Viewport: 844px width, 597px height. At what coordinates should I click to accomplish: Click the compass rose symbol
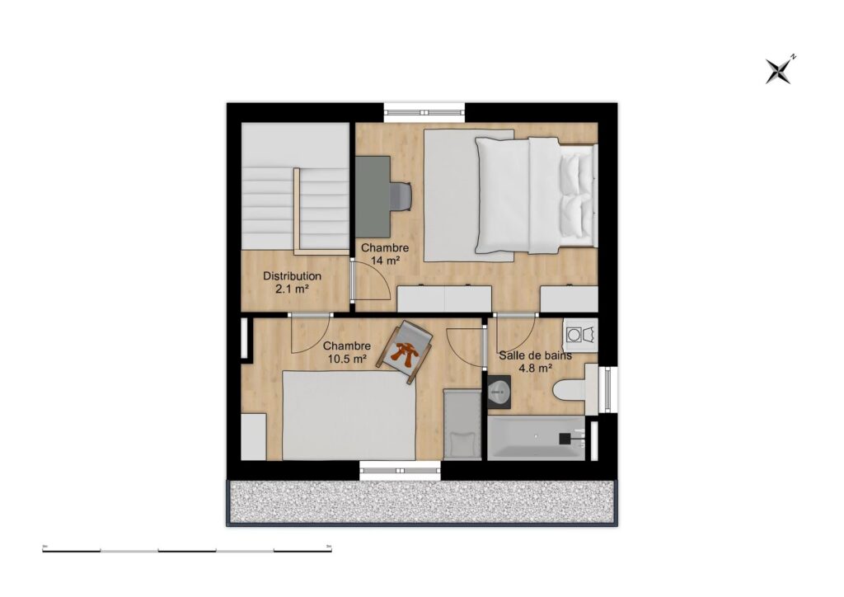tap(778, 71)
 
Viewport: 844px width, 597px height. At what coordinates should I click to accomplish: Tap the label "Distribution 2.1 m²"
tap(292, 283)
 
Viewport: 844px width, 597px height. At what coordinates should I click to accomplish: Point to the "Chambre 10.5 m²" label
tap(346, 352)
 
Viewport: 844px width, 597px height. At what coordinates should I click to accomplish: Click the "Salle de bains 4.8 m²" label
tap(536, 362)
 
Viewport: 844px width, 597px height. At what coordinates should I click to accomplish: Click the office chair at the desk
tap(401, 195)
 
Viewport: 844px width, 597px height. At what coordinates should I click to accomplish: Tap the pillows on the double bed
tap(575, 195)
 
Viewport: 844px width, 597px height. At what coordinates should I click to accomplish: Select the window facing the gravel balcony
tap(401, 470)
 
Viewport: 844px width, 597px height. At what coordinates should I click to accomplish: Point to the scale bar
tap(187, 549)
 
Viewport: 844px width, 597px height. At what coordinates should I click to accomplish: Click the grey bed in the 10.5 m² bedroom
tap(349, 415)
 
